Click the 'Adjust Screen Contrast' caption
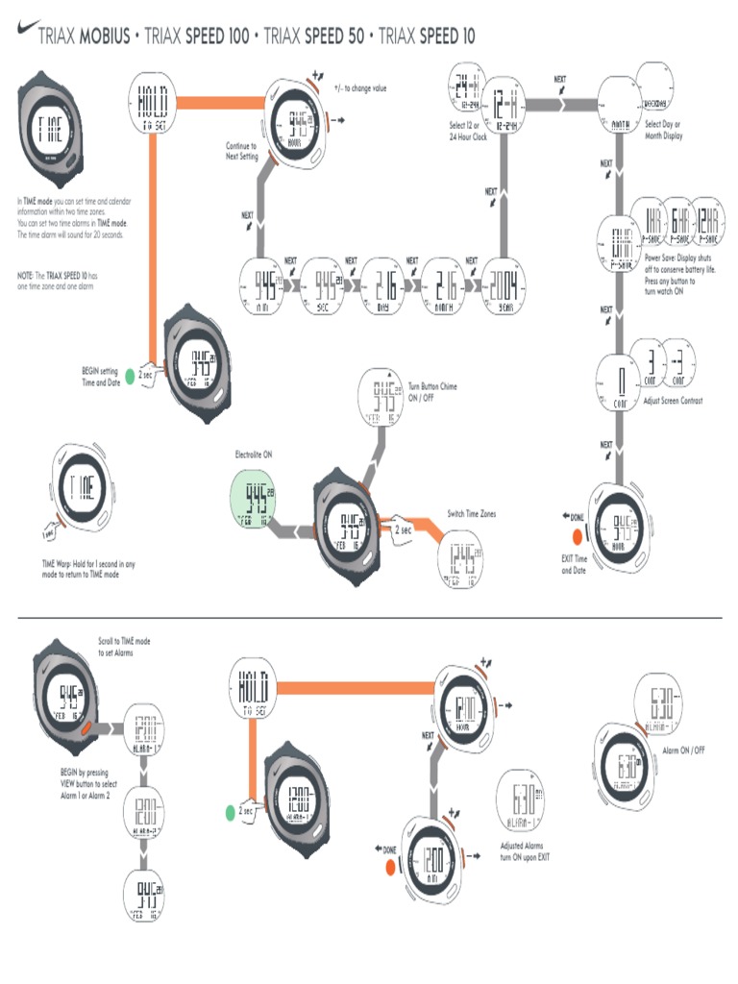pyautogui.click(x=673, y=401)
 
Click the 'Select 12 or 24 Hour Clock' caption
pyautogui.click(x=469, y=131)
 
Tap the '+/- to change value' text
pyautogui.click(x=360, y=87)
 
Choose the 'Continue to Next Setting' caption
pyautogui.click(x=241, y=151)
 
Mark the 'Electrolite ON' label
pyautogui.click(x=254, y=454)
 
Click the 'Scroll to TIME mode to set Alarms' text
pyautogui.click(x=124, y=646)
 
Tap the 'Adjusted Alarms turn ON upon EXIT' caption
pyautogui.click(x=526, y=851)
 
